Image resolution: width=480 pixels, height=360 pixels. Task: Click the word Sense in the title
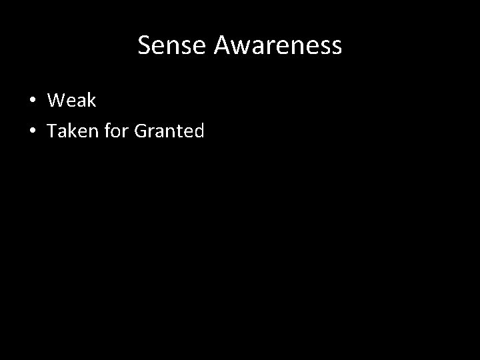[169, 45]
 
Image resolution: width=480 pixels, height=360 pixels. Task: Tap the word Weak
[72, 101]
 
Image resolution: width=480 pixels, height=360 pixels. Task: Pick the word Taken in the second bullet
[70, 131]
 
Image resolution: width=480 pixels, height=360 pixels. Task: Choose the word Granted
[169, 131]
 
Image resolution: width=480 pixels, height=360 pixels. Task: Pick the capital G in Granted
[141, 131]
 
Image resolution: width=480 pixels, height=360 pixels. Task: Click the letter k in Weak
[91, 101]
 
